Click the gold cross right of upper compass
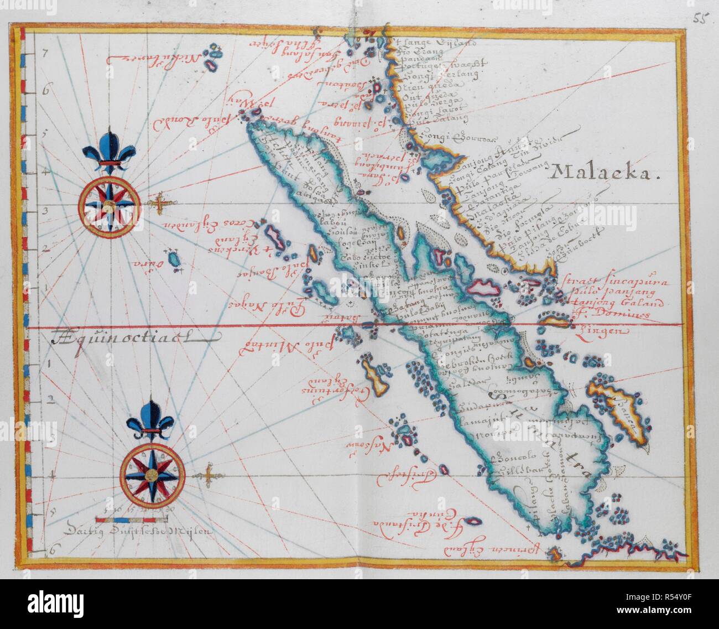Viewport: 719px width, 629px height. (x=161, y=205)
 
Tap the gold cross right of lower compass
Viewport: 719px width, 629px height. (x=207, y=474)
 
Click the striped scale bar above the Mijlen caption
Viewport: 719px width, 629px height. (x=131, y=519)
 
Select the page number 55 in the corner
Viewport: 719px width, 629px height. (x=702, y=15)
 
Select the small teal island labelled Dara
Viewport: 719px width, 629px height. (x=175, y=260)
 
